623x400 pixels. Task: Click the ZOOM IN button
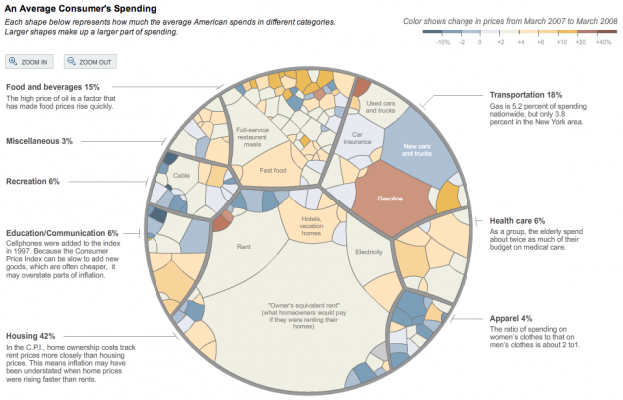tap(29, 62)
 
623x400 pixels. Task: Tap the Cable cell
tap(181, 176)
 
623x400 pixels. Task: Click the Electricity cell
tap(369, 252)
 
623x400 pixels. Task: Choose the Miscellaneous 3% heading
tap(39, 141)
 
